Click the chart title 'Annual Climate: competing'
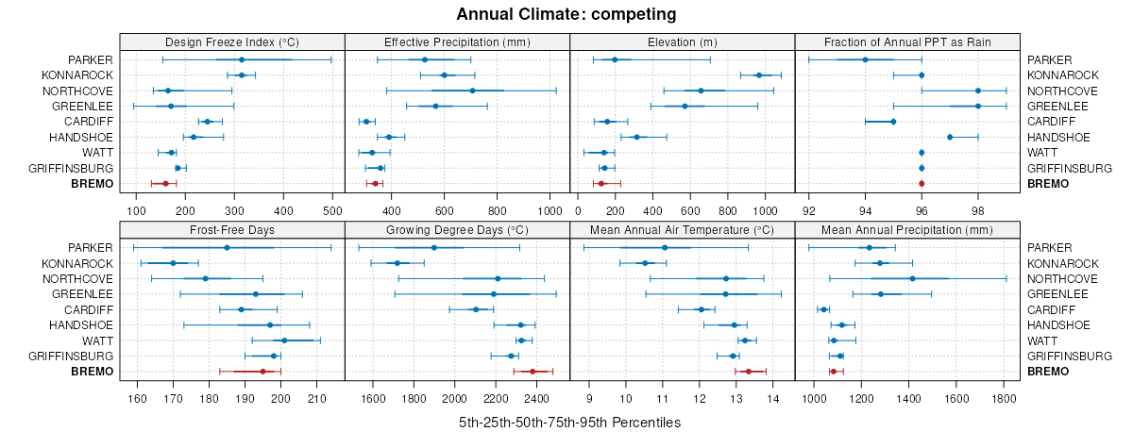pyautogui.click(x=566, y=14)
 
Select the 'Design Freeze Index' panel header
pyautogui.click(x=232, y=41)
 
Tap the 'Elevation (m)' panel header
pyautogui.click(x=683, y=41)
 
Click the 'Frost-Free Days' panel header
pyautogui.click(x=232, y=229)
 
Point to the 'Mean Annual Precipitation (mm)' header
pyautogui.click(x=907, y=229)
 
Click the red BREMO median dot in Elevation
pyautogui.click(x=600, y=184)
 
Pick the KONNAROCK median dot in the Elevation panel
pyautogui.click(x=758, y=75)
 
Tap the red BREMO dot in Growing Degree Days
pyautogui.click(x=533, y=372)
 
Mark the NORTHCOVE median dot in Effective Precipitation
pyautogui.click(x=473, y=91)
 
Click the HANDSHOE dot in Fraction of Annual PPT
pyautogui.click(x=950, y=138)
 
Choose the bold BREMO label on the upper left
pyautogui.click(x=92, y=184)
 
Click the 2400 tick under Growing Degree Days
pyautogui.click(x=535, y=387)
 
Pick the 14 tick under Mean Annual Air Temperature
pyautogui.click(x=772, y=387)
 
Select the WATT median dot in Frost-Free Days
pyautogui.click(x=284, y=340)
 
